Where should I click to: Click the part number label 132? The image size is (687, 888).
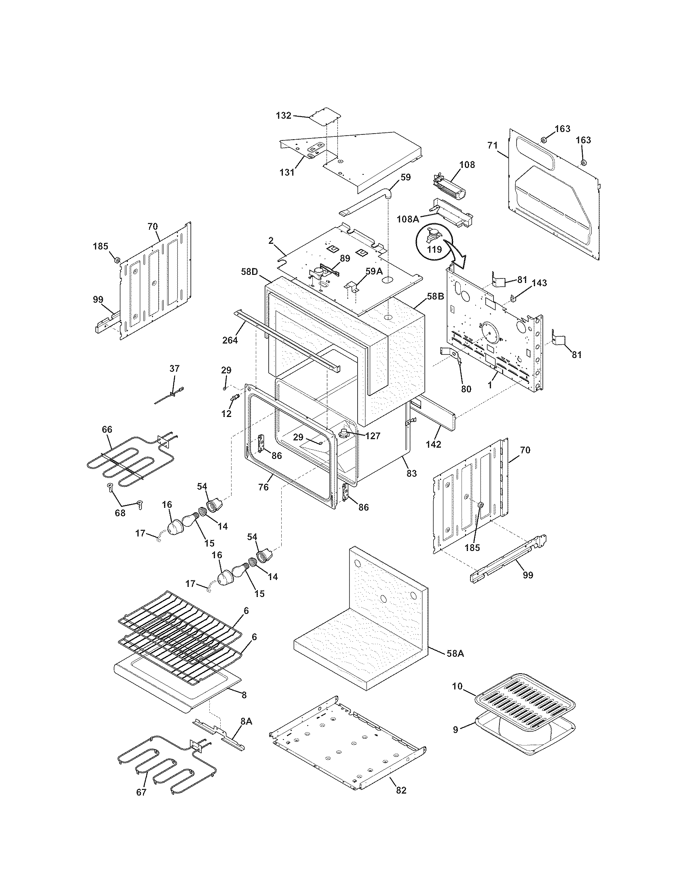click(x=283, y=115)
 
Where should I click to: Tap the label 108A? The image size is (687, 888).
click(x=408, y=219)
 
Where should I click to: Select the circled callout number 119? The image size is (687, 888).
click(x=434, y=249)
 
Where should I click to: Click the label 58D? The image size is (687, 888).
click(x=249, y=270)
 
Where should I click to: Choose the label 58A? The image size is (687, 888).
click(x=455, y=653)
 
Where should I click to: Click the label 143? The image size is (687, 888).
click(x=539, y=283)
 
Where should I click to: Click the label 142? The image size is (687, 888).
click(x=434, y=444)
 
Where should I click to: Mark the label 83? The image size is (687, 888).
click(x=411, y=473)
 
